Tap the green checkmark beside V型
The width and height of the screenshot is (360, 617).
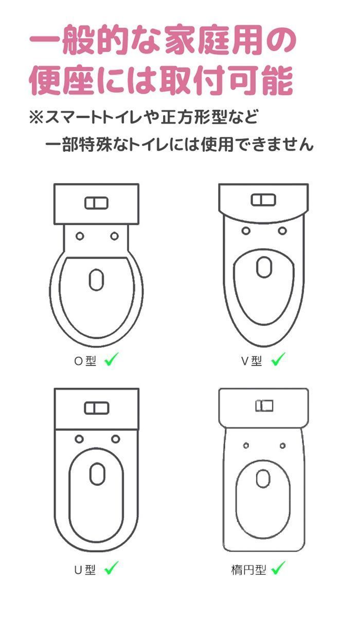click(x=278, y=359)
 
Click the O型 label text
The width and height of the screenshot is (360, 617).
click(x=85, y=361)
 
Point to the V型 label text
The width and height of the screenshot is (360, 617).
click(x=252, y=361)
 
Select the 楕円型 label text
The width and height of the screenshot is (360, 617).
click(x=248, y=569)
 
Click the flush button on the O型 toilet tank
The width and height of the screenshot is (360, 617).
click(x=97, y=203)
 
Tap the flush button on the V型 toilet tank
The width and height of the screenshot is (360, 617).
click(x=263, y=199)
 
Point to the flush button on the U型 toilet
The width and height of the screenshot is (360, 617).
click(x=97, y=408)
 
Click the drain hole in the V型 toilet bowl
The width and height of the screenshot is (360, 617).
click(x=264, y=267)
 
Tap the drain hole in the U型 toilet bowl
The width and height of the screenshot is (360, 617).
click(x=97, y=474)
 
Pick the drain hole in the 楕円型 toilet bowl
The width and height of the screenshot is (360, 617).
click(x=263, y=479)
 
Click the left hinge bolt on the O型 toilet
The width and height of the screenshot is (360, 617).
click(x=80, y=236)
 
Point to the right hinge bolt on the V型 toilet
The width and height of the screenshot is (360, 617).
click(x=282, y=230)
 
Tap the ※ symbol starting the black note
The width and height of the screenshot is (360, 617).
click(x=37, y=118)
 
